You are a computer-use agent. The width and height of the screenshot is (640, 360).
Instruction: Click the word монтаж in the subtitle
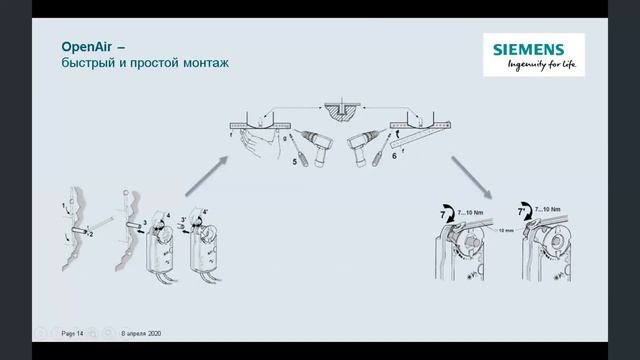206,63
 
